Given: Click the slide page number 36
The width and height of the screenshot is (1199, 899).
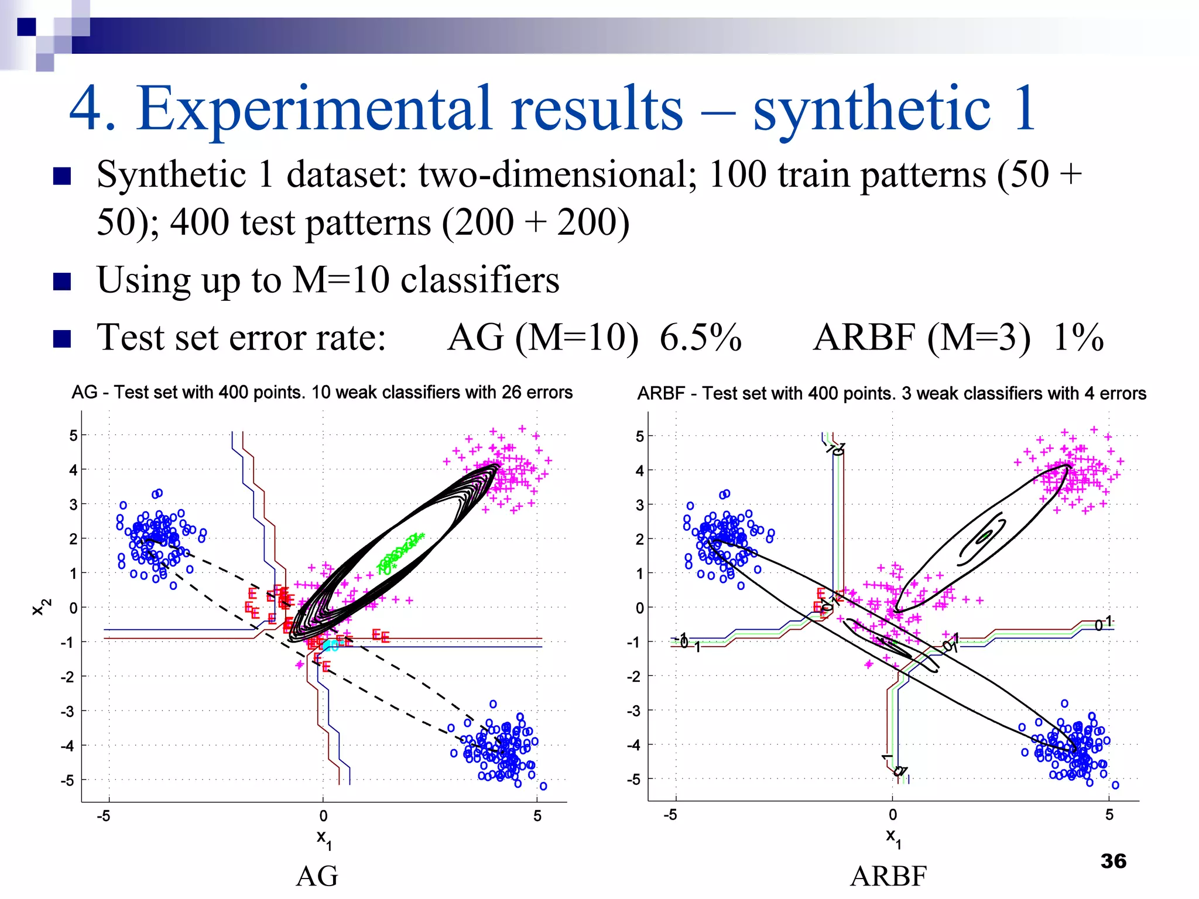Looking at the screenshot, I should (x=1113, y=861).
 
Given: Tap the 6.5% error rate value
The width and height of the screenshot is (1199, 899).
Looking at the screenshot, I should (x=700, y=338).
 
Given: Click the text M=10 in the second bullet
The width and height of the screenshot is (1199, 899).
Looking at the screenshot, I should (x=341, y=280).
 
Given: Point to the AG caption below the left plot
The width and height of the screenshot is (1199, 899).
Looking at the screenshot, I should (x=317, y=876).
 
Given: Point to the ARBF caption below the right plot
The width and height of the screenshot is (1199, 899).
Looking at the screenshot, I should (x=888, y=876).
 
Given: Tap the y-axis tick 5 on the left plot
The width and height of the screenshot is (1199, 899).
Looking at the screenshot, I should (x=73, y=435).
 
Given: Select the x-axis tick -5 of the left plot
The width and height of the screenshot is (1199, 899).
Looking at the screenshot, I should (x=104, y=816).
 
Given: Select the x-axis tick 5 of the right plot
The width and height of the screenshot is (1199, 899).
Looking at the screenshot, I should (x=1109, y=815).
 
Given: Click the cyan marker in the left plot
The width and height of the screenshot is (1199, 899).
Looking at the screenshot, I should (x=331, y=645).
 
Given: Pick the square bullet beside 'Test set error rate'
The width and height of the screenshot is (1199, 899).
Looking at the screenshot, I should (x=62, y=338).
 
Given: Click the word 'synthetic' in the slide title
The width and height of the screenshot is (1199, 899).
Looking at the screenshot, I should (x=871, y=108).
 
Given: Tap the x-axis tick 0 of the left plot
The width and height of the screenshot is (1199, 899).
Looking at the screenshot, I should (x=323, y=816).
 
